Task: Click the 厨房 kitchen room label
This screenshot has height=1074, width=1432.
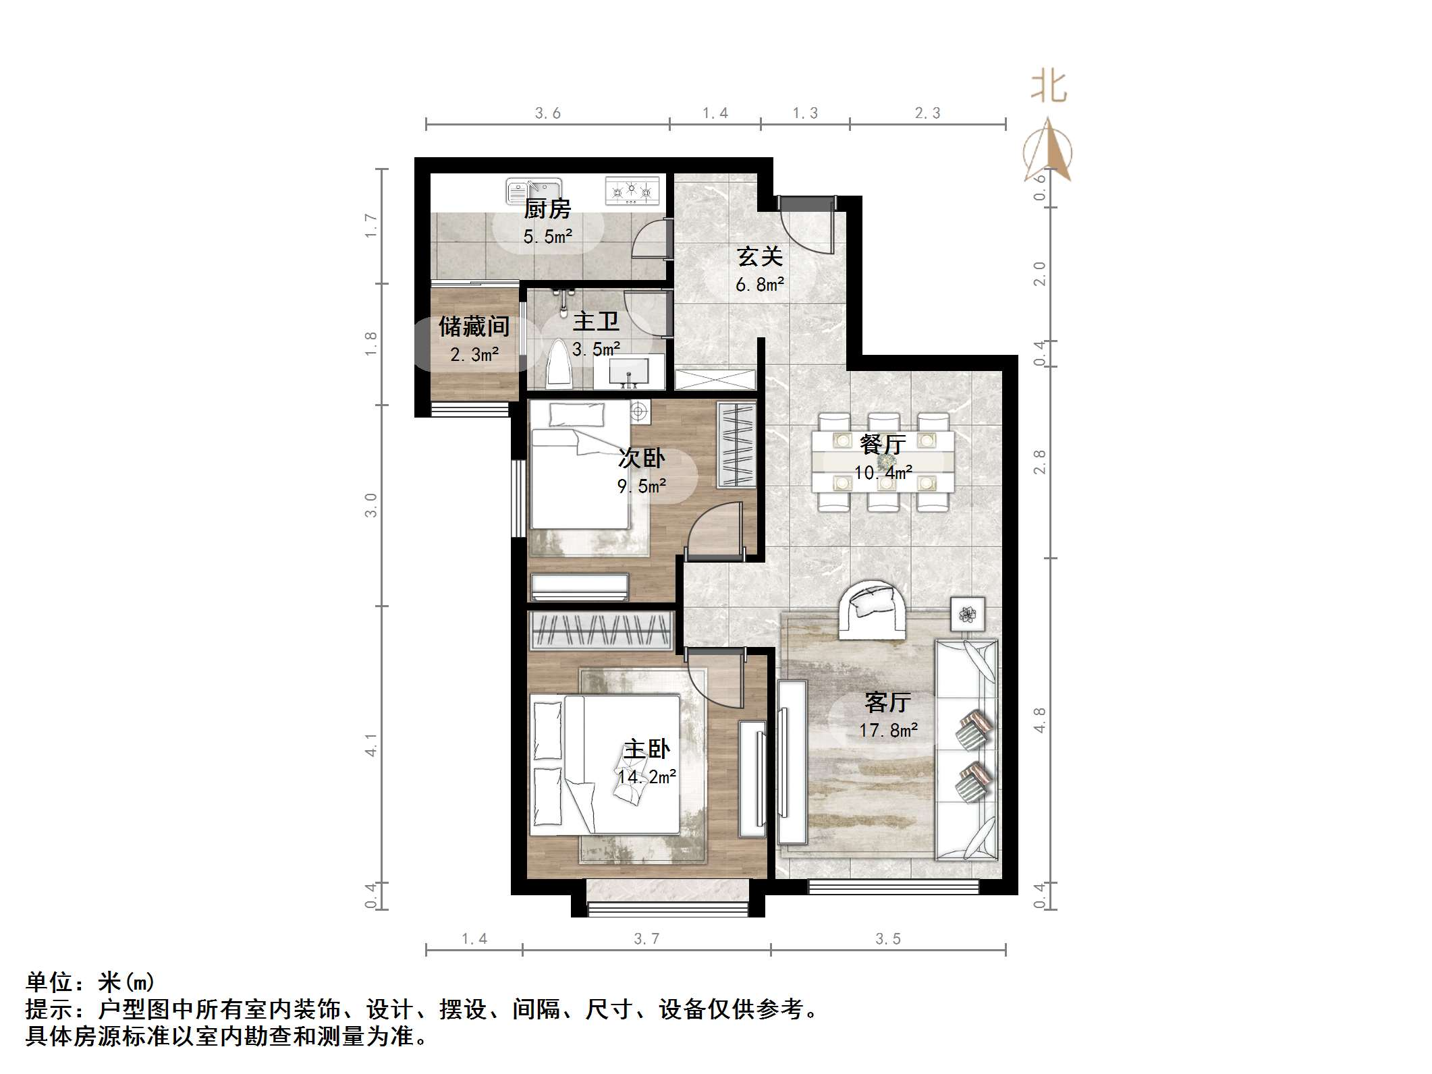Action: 547,209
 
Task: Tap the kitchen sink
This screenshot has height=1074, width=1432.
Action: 534,191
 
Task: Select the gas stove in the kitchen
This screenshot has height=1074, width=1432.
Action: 632,191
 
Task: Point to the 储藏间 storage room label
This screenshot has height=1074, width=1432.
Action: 474,327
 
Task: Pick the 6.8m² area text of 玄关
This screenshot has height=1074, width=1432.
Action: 760,285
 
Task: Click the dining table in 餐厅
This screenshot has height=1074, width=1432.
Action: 883,461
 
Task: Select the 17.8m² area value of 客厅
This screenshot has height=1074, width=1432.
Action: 888,730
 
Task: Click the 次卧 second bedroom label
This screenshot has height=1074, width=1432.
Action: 642,459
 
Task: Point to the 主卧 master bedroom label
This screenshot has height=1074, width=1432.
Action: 646,749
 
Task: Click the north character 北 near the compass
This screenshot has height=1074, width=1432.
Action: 1048,88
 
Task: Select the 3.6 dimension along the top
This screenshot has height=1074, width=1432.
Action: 548,113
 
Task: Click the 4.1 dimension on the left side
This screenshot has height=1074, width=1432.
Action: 371,744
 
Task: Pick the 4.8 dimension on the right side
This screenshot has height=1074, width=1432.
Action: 1039,720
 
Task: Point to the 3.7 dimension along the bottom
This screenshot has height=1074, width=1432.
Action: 646,938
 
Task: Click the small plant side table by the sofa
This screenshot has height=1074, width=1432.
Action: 968,614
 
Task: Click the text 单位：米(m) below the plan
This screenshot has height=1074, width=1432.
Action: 90,982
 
